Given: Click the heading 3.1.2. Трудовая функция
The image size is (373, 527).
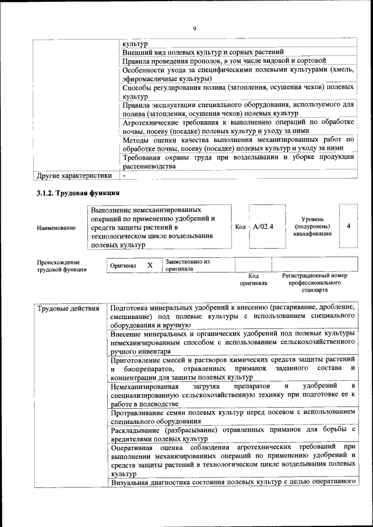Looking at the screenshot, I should (x=79, y=192).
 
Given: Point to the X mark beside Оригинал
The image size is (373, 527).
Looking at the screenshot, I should (x=150, y=266).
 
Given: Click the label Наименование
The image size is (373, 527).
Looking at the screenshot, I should (x=57, y=228).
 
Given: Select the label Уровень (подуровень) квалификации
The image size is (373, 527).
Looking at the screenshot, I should (x=312, y=226).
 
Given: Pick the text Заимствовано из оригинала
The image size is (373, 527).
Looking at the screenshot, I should (x=187, y=266).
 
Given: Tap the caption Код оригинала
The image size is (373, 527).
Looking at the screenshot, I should (x=254, y=280).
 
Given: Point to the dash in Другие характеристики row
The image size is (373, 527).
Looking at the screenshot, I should (x=124, y=175).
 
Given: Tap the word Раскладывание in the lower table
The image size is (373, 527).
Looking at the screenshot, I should (x=138, y=430).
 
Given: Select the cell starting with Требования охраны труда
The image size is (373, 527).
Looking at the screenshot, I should (x=238, y=161).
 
